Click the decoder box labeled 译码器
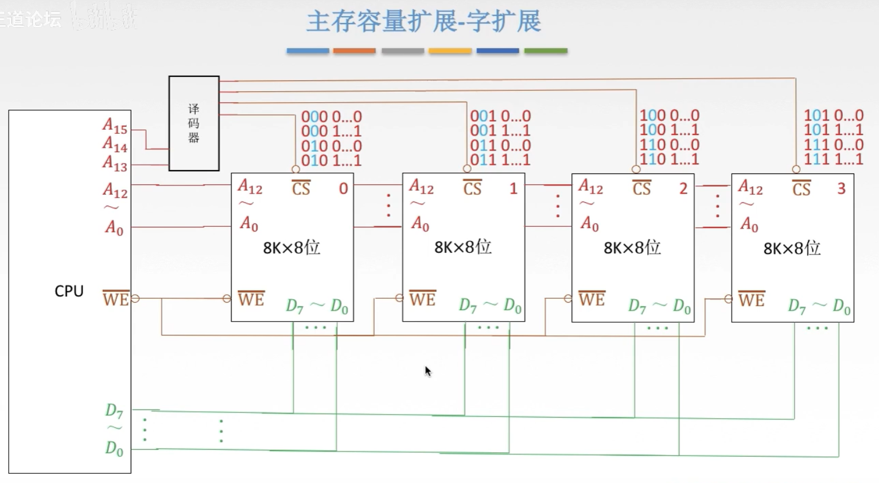point(194,123)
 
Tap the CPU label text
point(69,291)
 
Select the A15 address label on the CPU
point(115,125)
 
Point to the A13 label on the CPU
point(115,164)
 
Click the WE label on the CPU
point(115,299)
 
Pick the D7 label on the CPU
point(114,410)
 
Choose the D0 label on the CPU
point(114,448)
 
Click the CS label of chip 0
point(301,188)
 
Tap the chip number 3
point(841,188)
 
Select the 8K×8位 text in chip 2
point(632,248)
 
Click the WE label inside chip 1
point(422,299)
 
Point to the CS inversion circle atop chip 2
point(636,169)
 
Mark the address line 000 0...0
point(332,117)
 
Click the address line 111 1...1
point(833,159)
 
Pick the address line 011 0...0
point(500,145)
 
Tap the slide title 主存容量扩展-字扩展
point(423,22)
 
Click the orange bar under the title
point(354,51)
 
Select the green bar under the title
point(546,51)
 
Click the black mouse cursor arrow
point(427,371)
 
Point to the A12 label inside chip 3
point(750,187)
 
